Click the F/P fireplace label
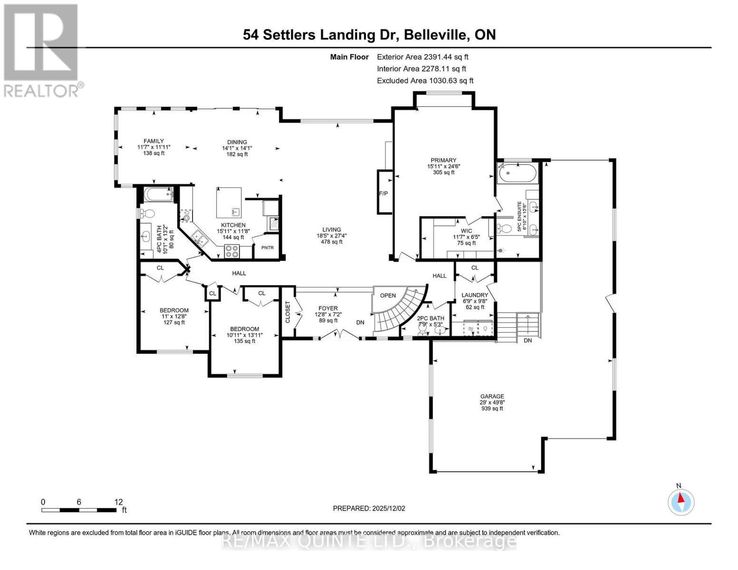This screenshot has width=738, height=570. pos(383,193)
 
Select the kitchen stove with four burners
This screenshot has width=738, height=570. pos(231,251)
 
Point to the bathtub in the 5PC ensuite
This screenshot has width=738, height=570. pos(518,173)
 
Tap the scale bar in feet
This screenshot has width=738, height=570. pos(79,510)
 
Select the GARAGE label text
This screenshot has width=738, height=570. pos(492,396)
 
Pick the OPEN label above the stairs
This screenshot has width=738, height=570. pos(388,295)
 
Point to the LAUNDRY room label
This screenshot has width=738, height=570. pos(474,295)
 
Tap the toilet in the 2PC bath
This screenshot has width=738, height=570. pos(422,328)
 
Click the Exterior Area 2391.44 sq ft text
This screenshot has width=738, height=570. pos(422,57)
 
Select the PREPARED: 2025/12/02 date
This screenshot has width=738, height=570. pos(369,508)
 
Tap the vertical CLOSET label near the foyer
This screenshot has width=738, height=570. pos(288,312)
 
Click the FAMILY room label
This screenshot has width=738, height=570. pos(153,141)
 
